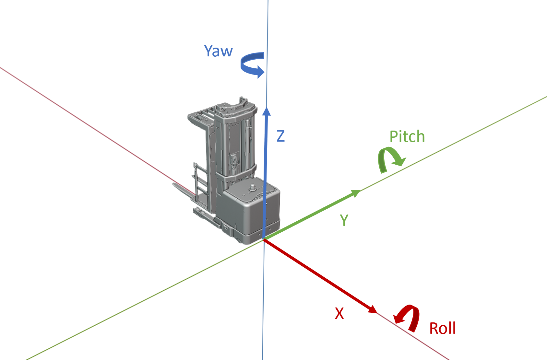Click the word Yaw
tap(218, 51)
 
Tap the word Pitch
tap(407, 136)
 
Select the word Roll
tap(442, 328)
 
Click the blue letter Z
tap(280, 136)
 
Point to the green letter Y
tap(344, 220)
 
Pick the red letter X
tap(339, 313)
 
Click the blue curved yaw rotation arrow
tap(252, 65)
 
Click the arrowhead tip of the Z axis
tap(267, 109)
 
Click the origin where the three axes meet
tap(264, 239)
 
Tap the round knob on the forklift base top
tap(253, 188)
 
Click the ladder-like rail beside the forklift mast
tap(200, 181)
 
